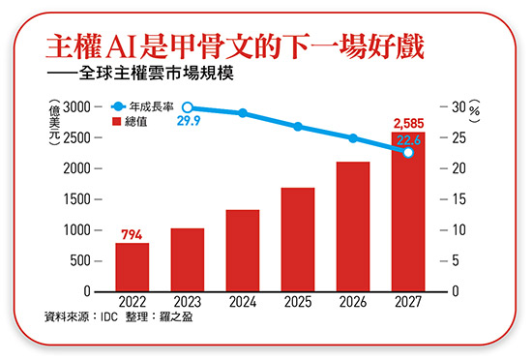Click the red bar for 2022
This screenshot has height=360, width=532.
coord(133,267)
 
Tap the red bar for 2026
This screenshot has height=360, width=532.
coord(353,226)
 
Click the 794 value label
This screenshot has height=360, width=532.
coord(133,233)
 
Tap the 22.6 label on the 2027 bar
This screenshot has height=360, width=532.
coord(408,138)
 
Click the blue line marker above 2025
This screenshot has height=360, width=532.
coord(298,127)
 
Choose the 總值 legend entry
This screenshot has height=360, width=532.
coord(143,123)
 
